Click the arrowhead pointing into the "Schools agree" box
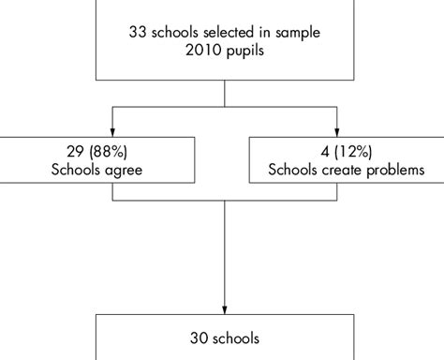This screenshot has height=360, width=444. coord(112,132)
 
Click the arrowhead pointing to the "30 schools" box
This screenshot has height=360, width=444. coord(226,308)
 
